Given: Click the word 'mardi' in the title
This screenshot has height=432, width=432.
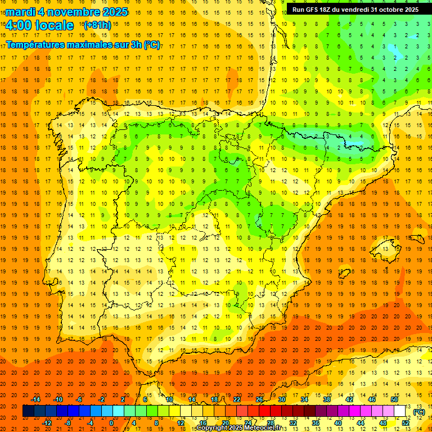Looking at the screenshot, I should coord(20,12).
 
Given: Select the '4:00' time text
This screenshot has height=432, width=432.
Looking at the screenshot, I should coord(18,25).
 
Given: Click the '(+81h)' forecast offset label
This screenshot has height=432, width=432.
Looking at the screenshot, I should coord(97,25).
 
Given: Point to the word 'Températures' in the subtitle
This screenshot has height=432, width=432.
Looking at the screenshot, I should coord(34,44).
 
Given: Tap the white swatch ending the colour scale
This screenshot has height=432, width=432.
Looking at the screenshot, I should coord(400,412).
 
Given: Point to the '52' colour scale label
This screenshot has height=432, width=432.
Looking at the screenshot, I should coord(406,423).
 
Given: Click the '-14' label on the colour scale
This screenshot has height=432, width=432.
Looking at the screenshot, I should coord(36,399).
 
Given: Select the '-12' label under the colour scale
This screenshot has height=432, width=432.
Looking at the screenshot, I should coord(47,423).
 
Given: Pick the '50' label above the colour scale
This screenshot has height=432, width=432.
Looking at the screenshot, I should coord(394,399).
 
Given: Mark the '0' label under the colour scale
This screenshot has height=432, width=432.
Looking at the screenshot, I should coord(112,423).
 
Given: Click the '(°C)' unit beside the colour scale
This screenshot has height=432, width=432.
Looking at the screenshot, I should coord(419,412).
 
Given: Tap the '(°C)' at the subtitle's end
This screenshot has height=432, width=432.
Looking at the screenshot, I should coord(152,44).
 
